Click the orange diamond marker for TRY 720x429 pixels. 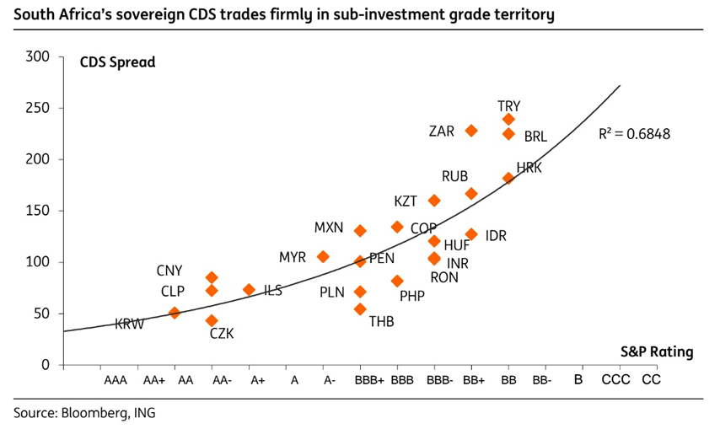(x=508, y=120)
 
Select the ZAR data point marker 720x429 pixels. (x=471, y=131)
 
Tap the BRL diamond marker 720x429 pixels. (x=508, y=134)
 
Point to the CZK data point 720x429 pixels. (x=212, y=320)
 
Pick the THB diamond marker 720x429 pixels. (x=360, y=309)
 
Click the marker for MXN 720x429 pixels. (x=360, y=231)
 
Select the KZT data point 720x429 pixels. (x=434, y=201)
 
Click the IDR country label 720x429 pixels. (x=496, y=236)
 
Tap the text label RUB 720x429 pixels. (x=454, y=176)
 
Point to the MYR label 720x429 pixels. (x=292, y=256)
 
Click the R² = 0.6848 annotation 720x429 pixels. (x=634, y=133)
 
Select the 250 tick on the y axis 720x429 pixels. (x=40, y=108)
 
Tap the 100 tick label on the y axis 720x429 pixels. (x=40, y=262)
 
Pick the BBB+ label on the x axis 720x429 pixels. (x=370, y=381)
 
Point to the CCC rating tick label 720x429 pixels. (x=616, y=381)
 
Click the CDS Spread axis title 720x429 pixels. (x=117, y=62)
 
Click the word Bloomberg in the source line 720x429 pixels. (x=90, y=413)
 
